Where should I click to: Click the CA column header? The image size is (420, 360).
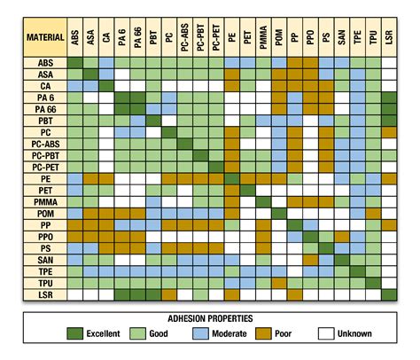(x=106, y=39)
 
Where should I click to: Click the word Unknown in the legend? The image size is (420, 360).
(x=354, y=333)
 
